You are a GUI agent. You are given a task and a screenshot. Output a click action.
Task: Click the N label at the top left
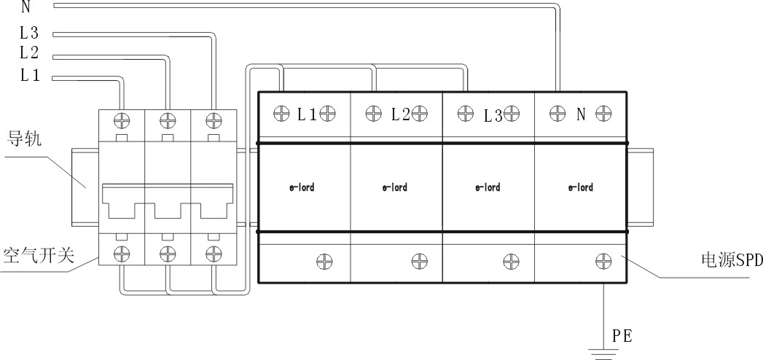(x=26, y=7)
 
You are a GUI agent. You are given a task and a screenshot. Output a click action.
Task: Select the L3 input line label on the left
(x=29, y=33)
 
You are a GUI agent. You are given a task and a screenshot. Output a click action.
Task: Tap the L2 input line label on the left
(x=29, y=52)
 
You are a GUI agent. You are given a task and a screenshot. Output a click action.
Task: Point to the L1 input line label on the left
(x=30, y=75)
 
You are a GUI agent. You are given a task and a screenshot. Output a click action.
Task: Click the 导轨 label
(x=24, y=139)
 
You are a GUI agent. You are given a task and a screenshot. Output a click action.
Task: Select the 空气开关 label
(x=39, y=255)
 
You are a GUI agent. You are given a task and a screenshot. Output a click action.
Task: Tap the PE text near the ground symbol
(x=622, y=336)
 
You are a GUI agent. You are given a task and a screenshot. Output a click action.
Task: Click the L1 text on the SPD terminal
(x=307, y=115)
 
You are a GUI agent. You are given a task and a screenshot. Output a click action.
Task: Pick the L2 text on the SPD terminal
(x=401, y=115)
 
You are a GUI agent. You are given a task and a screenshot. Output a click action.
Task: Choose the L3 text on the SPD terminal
(x=493, y=116)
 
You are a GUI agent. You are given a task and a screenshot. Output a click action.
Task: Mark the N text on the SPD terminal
(x=581, y=115)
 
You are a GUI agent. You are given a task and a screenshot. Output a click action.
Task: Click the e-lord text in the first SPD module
(x=302, y=187)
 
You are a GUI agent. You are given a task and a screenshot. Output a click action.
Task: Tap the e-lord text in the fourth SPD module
(x=581, y=187)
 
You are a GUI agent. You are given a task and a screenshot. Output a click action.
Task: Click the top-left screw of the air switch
(x=122, y=120)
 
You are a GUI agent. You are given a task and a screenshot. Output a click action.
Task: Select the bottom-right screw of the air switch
(x=214, y=253)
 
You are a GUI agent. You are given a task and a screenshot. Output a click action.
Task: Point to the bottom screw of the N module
(x=603, y=261)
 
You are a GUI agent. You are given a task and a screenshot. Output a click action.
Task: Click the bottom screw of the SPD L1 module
(x=324, y=261)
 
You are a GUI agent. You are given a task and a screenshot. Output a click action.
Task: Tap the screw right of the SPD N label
(x=603, y=114)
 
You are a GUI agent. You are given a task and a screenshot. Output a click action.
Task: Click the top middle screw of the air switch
(x=168, y=120)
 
